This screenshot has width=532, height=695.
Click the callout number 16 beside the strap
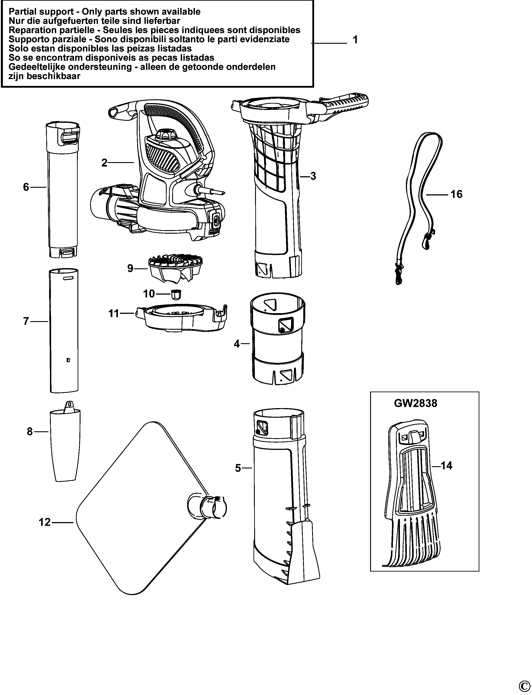pos(456,194)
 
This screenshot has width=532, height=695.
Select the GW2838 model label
pos(416,403)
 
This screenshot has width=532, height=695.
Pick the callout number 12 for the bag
pos(45,522)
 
